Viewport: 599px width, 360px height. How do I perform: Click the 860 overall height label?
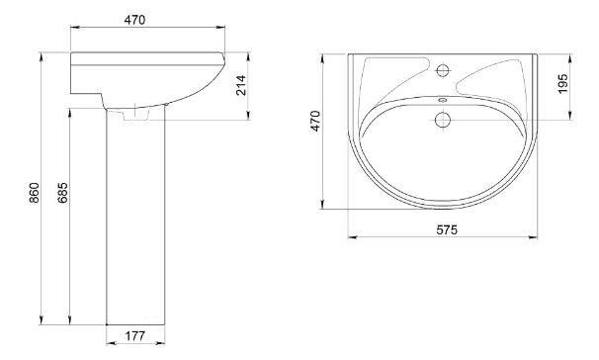coord(34,193)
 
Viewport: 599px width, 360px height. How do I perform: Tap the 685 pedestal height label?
coord(62,193)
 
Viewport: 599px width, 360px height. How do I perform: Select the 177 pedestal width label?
coord(135,336)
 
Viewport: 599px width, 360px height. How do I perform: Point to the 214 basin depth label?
coord(241,86)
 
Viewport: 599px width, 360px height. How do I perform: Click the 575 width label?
coord(447,229)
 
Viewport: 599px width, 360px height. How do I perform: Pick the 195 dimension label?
coord(562,84)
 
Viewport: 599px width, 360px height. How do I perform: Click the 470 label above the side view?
coord(134,20)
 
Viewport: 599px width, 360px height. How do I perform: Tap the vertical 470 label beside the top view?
coord(315,121)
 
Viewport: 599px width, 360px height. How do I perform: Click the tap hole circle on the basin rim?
coord(443,70)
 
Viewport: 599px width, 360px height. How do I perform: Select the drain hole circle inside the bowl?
coord(443,120)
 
